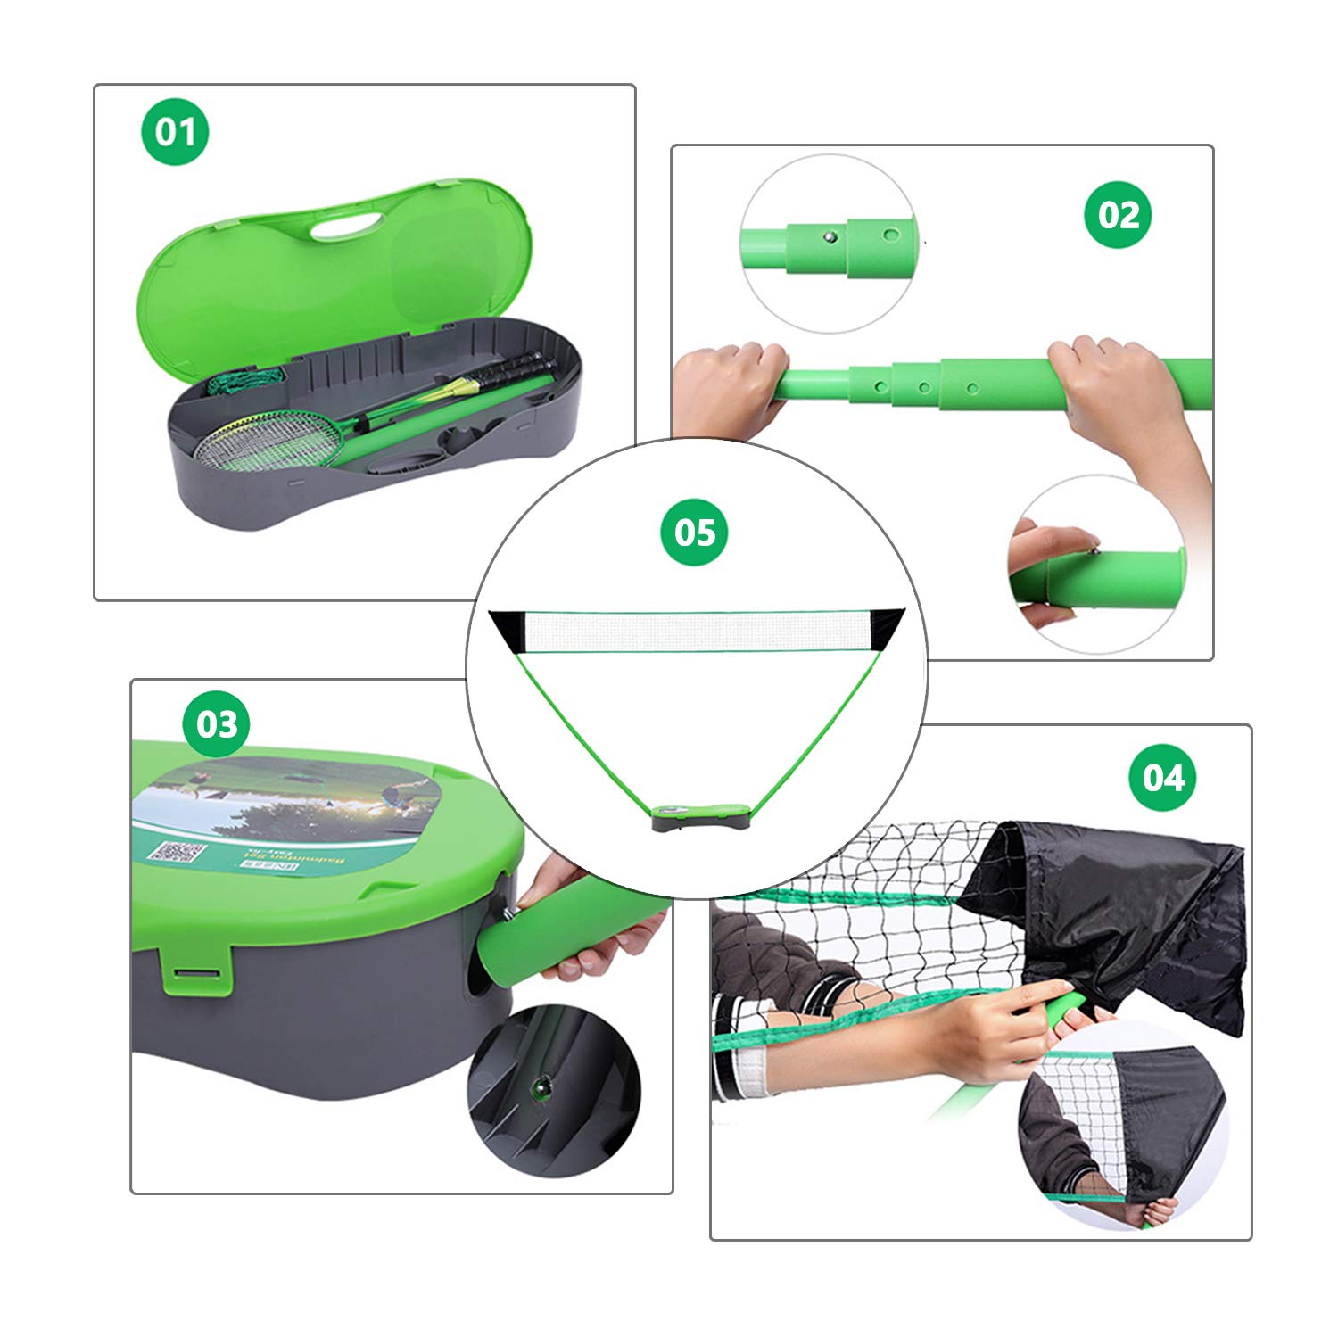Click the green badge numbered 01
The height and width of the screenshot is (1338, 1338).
(175, 132)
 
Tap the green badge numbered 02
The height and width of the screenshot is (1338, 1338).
(1118, 215)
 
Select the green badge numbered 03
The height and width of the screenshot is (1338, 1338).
(217, 723)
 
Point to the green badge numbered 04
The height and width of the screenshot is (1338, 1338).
(1164, 777)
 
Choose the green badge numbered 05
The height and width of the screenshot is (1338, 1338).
(694, 533)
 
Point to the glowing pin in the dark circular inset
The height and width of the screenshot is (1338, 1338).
(541, 1085)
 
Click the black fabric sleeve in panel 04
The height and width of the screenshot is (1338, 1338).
(1115, 910)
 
